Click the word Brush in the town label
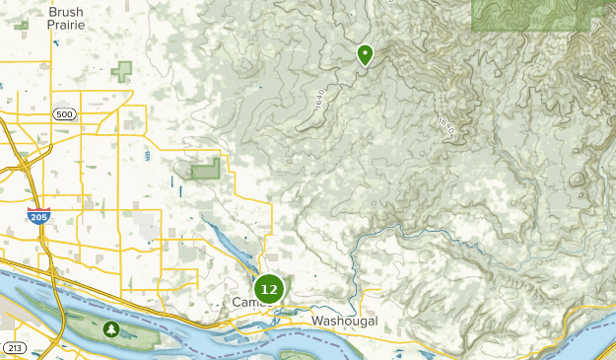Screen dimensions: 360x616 click(x=66, y=12)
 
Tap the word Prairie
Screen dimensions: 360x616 click(x=66, y=26)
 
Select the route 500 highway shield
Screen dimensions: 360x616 click(x=65, y=115)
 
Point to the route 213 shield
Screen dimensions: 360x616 click(x=14, y=348)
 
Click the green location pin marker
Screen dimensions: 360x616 click(x=365, y=54)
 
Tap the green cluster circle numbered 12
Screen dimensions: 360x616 click(x=269, y=289)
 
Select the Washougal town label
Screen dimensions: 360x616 click(x=345, y=322)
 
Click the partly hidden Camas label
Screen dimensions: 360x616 click(x=243, y=302)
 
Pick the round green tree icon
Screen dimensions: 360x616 click(x=111, y=328)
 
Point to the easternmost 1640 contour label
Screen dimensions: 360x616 click(x=445, y=127)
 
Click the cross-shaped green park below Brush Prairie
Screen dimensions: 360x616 click(x=122, y=71)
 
